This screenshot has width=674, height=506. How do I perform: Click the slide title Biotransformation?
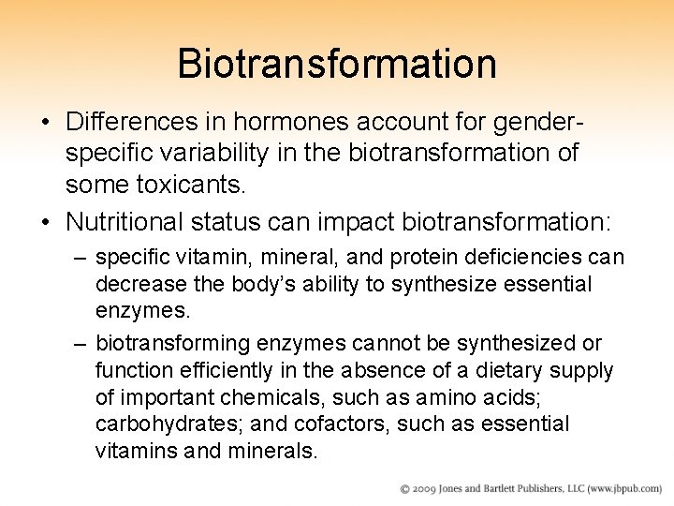coord(337,65)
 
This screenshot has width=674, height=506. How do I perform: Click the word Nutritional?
coord(126,224)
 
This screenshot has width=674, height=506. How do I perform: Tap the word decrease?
coord(135,283)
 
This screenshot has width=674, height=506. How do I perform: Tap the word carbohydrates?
coord(164,424)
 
